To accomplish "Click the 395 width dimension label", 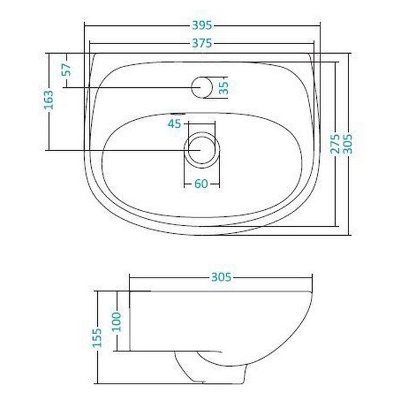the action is [x=202, y=25].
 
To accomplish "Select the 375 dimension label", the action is [x=202, y=43].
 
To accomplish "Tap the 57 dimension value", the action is [x=67, y=70].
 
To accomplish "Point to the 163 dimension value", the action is [x=49, y=100].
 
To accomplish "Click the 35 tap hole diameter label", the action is [x=224, y=88].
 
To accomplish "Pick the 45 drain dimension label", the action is [x=174, y=124].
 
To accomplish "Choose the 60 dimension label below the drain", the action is [x=201, y=184].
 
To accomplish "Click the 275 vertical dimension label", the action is [x=335, y=144].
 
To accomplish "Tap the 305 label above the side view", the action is [x=221, y=277].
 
